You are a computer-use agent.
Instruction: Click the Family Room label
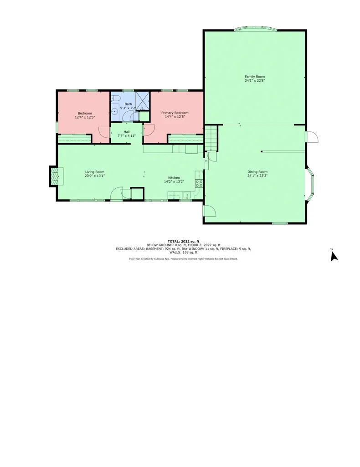click(255, 77)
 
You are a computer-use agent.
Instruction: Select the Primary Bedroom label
click(175, 113)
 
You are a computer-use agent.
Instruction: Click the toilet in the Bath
click(115, 99)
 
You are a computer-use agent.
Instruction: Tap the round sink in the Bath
click(115, 110)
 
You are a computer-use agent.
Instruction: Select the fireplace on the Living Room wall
click(55, 176)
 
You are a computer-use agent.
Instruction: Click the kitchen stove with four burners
click(199, 183)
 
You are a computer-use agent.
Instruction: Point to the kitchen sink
click(187, 196)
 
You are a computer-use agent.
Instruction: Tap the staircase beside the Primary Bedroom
click(211, 139)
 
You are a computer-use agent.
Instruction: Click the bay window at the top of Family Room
click(255, 30)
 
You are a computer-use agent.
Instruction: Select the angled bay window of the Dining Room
click(310, 184)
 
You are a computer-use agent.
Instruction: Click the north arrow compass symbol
click(334, 256)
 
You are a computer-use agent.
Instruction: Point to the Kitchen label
click(174, 177)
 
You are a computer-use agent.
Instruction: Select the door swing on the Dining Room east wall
click(312, 136)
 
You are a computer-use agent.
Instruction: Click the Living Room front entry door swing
click(116, 193)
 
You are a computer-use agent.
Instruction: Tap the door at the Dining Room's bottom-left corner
click(210, 211)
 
